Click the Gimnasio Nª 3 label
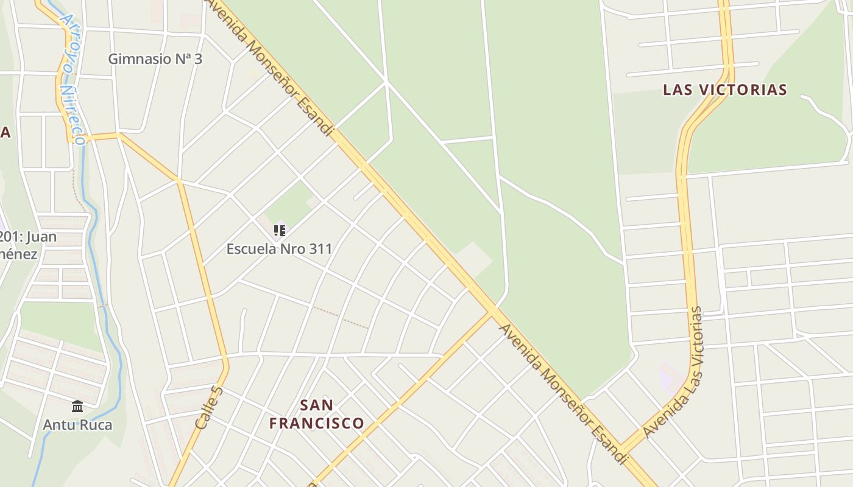point(155,59)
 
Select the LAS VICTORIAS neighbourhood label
point(725,90)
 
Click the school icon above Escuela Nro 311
point(279,231)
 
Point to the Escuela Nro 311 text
point(280,249)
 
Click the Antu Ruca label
point(77,424)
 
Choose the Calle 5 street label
point(210,406)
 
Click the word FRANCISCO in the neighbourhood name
point(317,423)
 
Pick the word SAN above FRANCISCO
point(317,405)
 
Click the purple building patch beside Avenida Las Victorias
point(670,376)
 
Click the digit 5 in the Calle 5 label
point(218,389)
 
